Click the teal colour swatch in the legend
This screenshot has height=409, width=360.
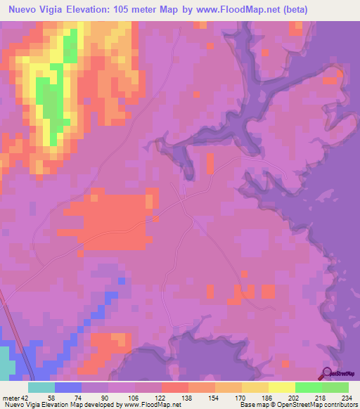click(41, 387)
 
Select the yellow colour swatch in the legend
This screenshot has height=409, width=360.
click(281, 387)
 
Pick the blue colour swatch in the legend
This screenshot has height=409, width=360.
click(68, 387)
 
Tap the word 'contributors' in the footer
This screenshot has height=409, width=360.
click(340, 405)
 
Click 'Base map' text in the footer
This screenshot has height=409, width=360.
click(252, 405)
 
